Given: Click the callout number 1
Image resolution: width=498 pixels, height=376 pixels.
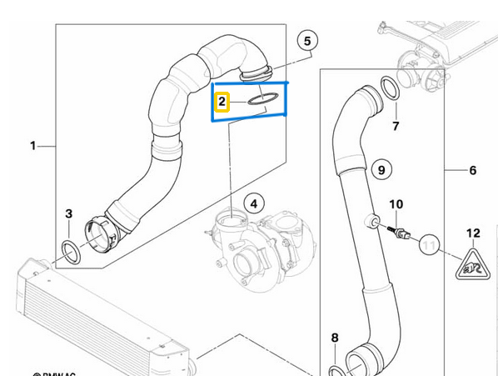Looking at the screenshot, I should coord(33,146).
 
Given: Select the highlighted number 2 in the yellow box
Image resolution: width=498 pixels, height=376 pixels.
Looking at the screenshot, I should coord(222,102).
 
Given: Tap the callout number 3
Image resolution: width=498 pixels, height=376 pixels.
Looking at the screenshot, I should coord(69,214).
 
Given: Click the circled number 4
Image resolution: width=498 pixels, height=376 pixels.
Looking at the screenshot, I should coord(253,203).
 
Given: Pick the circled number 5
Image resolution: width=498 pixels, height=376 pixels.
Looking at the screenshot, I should coord(306,40).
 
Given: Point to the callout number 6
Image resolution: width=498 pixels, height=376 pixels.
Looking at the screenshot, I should coord(472,171).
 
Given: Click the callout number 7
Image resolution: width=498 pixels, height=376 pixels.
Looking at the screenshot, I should coord(396,127).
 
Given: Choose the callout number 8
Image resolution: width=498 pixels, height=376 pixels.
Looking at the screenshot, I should coord(335,338).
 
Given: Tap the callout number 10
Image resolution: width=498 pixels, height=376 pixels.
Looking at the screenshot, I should coord(396,204).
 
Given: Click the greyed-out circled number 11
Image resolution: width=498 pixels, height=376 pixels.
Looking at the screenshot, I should coord(430,244).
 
